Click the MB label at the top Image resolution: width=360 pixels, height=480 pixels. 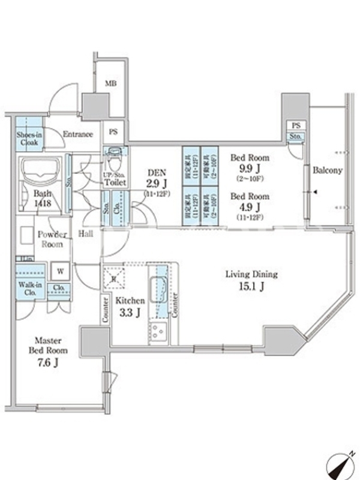pyautogui.click(x=110, y=83)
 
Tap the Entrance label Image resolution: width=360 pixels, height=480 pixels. pyautogui.click(x=77, y=134)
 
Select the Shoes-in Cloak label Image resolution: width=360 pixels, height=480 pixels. pyautogui.click(x=29, y=140)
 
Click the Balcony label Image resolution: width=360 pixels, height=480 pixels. pyautogui.click(x=328, y=170)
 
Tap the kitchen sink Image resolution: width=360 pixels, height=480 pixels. pyautogui.click(x=158, y=287)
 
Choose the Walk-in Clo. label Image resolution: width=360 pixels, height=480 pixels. pyautogui.click(x=29, y=289)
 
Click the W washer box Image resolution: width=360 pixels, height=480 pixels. pyautogui.click(x=61, y=271)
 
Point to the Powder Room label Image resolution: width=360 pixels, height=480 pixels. pyautogui.click(x=52, y=240)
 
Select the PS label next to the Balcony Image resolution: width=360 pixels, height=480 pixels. pyautogui.click(x=295, y=125)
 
